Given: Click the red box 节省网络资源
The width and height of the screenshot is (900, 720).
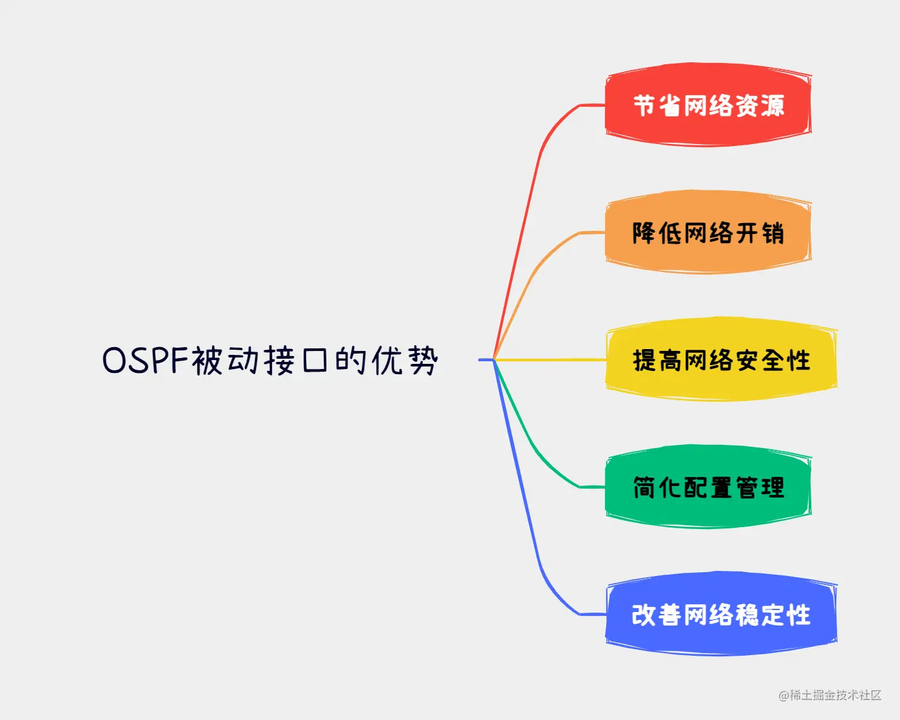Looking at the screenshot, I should click(x=707, y=105).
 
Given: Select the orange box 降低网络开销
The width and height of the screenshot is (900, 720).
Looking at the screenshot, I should click(x=707, y=232).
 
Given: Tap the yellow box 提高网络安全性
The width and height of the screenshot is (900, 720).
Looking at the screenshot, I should click(x=721, y=359).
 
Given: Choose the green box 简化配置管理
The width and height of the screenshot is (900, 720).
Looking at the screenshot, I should click(x=707, y=487).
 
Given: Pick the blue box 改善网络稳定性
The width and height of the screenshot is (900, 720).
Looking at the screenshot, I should click(x=721, y=614).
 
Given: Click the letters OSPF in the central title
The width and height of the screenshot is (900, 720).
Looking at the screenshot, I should click(x=145, y=360).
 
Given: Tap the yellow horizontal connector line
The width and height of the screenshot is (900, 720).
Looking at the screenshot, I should click(x=553, y=359).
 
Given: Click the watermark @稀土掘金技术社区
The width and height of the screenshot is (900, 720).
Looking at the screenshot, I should click(x=830, y=695).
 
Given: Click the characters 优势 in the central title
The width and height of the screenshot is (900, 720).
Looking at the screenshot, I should click(x=404, y=360).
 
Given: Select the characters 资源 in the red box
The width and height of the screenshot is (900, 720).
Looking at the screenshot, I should click(x=759, y=105).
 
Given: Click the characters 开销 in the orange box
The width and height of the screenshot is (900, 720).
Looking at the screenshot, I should click(x=759, y=233).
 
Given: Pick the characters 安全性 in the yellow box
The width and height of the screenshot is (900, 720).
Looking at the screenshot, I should click(x=772, y=360).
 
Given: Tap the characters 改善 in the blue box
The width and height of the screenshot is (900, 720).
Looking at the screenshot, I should click(x=656, y=615).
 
